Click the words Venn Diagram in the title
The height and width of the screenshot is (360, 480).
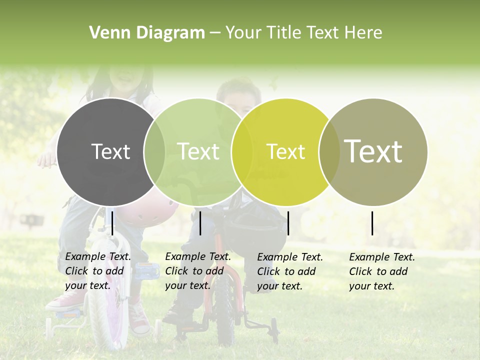(147, 33)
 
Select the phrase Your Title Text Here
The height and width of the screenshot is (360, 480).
(303, 33)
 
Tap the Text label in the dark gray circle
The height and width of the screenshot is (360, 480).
(110, 151)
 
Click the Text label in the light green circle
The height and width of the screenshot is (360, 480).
(198, 151)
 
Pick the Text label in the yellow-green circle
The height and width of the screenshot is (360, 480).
(285, 151)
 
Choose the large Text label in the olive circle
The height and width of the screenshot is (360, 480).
(373, 151)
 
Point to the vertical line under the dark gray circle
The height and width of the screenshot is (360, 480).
(112, 223)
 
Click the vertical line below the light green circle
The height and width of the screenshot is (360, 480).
(200, 223)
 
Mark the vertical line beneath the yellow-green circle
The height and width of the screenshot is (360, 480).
(288, 223)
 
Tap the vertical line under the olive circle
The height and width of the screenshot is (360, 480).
(372, 223)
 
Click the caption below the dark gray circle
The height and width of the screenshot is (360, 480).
(98, 271)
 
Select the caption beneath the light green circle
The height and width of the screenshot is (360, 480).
(198, 271)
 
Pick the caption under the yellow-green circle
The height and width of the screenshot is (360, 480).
(290, 271)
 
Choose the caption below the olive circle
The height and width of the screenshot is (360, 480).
(382, 271)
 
